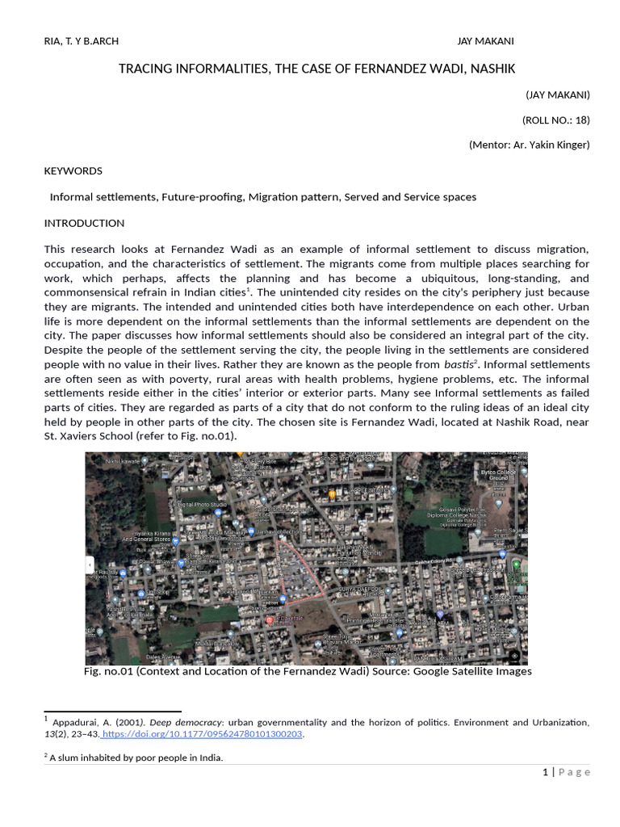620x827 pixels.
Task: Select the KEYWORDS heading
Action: (73, 170)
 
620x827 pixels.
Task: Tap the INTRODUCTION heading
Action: (84, 223)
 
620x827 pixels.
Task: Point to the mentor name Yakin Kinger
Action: (557, 145)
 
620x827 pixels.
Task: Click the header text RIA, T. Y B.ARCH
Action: (81, 41)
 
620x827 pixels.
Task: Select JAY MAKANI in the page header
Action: (485, 41)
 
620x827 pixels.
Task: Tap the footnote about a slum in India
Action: (136, 758)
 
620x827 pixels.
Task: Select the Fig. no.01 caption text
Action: (308, 671)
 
